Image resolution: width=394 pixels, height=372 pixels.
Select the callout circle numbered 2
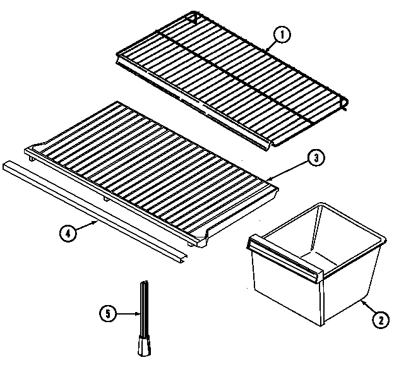click(x=379, y=320)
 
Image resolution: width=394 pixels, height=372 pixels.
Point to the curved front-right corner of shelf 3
click(x=205, y=239)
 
